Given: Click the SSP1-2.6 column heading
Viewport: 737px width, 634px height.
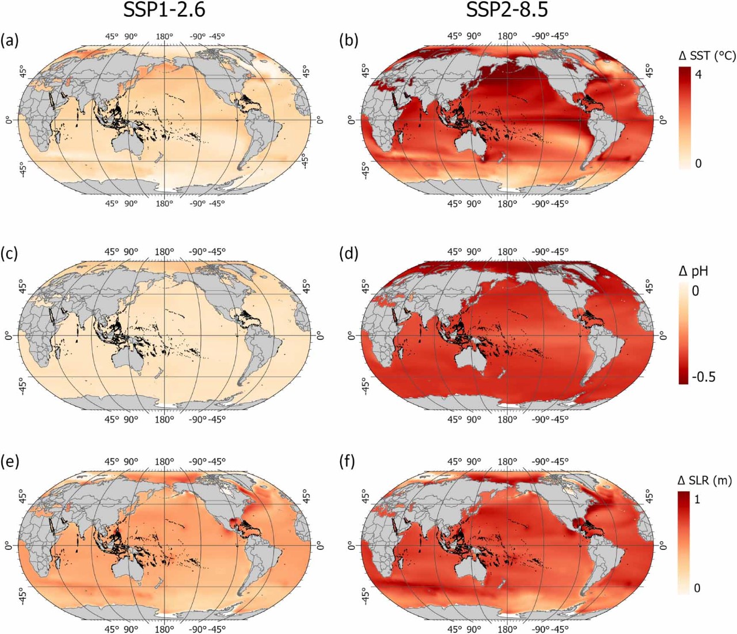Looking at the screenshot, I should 164,12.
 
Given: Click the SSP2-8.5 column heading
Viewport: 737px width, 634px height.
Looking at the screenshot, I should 506,12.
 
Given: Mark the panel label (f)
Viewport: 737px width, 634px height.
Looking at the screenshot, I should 349,462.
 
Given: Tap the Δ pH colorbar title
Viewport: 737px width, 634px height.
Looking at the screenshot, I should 693,271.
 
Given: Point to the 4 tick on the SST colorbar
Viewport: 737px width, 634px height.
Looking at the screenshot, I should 698,74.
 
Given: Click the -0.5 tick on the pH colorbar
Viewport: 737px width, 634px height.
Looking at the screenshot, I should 703,377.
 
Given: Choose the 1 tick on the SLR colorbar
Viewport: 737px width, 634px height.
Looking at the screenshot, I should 697,499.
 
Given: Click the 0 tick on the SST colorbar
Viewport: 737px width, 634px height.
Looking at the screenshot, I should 698,164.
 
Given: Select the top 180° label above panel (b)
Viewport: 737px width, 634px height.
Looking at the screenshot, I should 507,36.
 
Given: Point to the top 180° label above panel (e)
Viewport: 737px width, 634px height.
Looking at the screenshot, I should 164,461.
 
